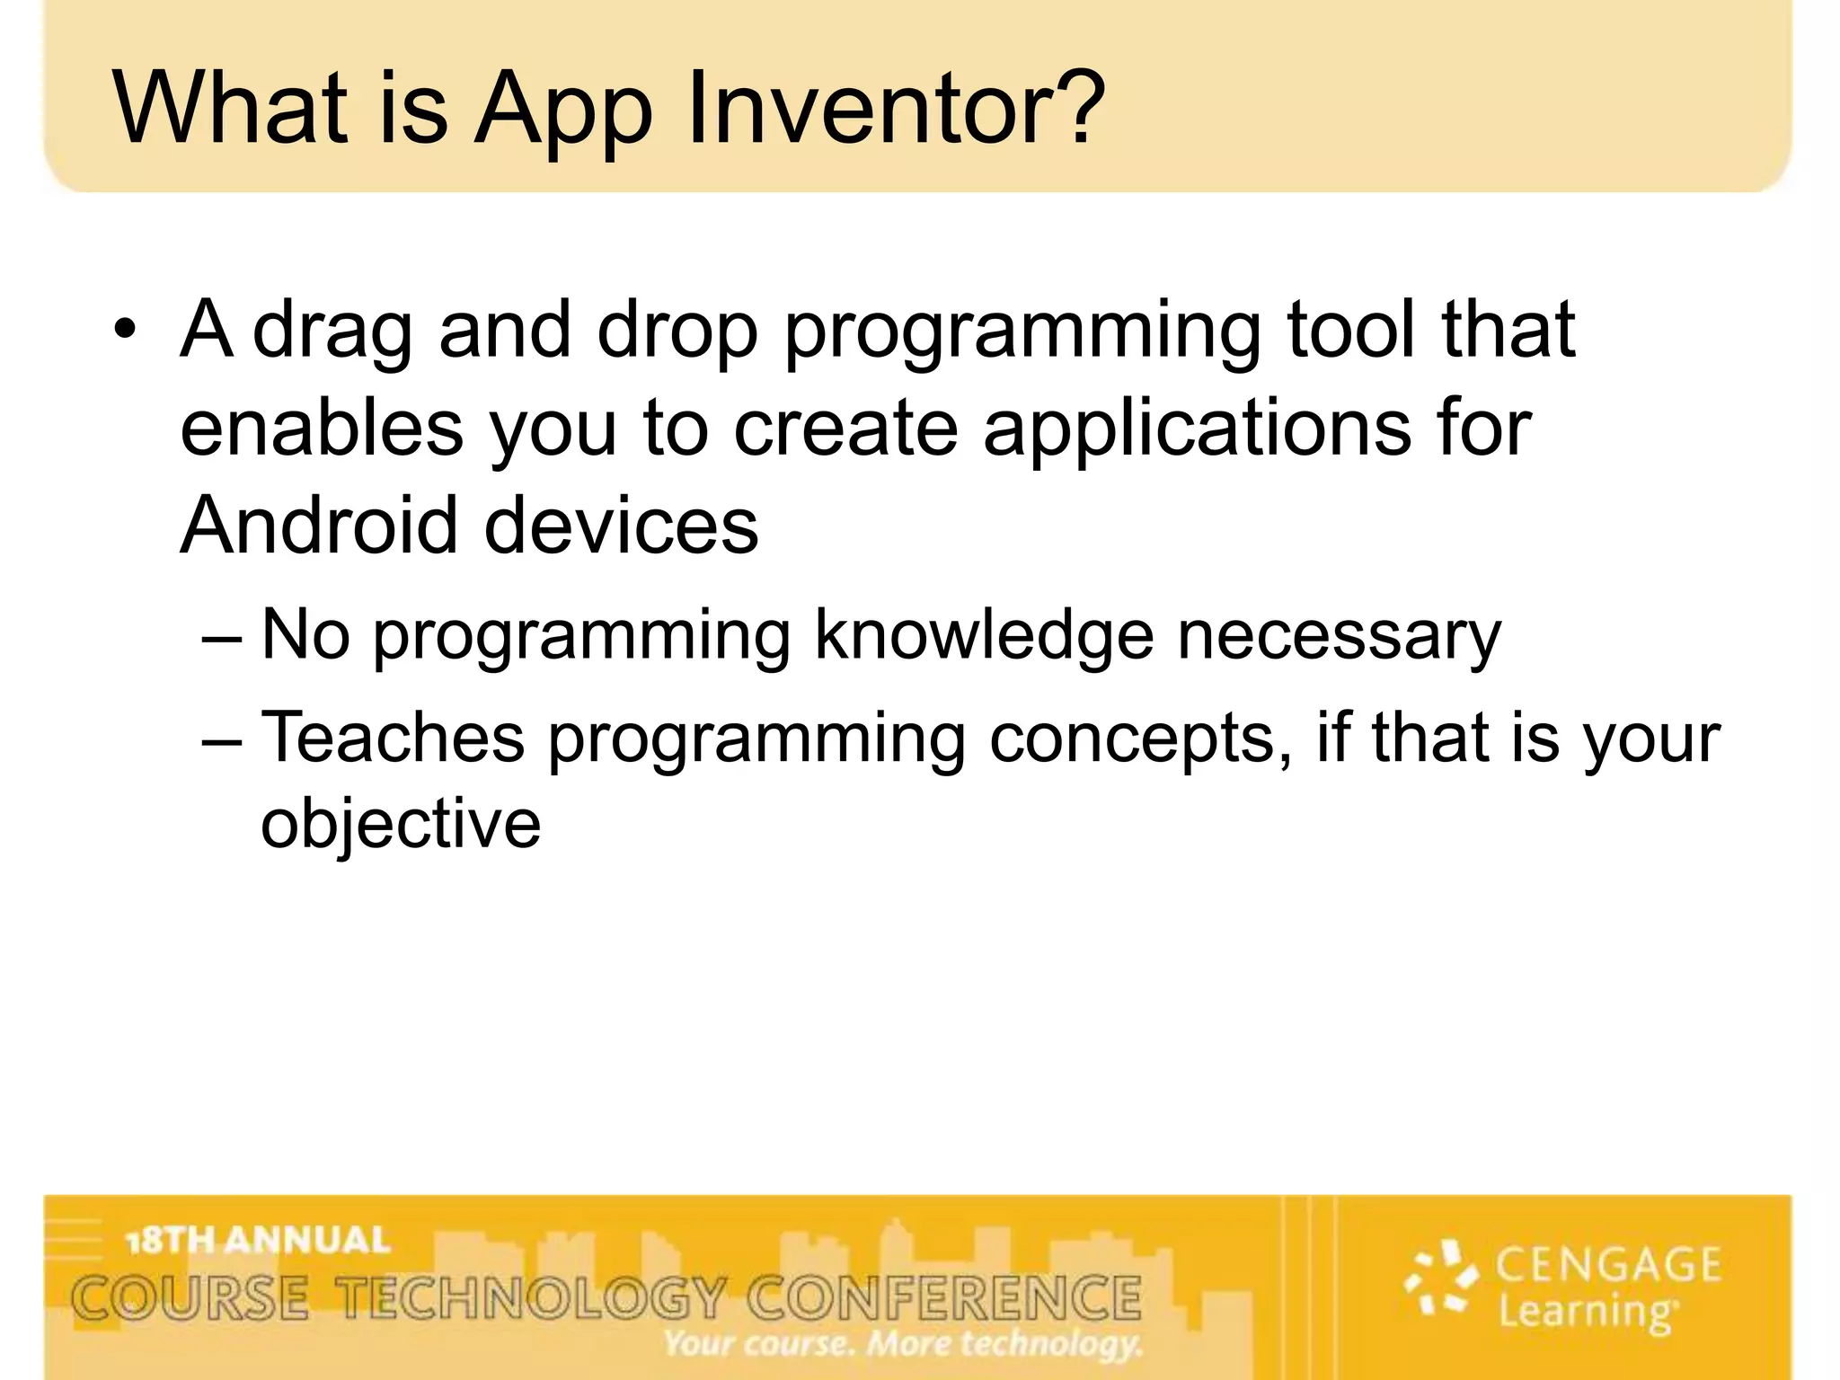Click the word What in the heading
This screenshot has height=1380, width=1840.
click(x=229, y=110)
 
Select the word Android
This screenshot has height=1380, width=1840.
click(x=320, y=525)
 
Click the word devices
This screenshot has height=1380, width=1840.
click(x=622, y=525)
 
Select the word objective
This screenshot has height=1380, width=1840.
click(x=401, y=825)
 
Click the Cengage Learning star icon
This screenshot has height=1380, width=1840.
click(x=1441, y=1278)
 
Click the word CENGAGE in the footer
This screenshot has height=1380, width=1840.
click(x=1607, y=1266)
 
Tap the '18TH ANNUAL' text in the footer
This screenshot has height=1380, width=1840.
click(x=259, y=1241)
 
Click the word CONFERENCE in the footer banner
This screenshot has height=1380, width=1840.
click(x=943, y=1299)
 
